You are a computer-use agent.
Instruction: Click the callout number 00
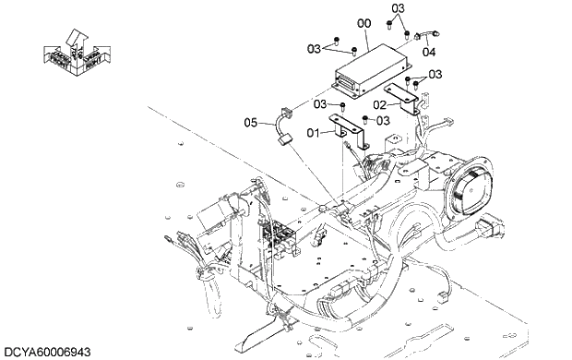click(363, 24)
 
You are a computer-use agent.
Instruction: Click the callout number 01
click(313, 133)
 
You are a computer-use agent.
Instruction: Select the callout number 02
click(379, 105)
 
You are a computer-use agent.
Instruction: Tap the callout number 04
click(429, 53)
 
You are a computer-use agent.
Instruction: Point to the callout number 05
click(251, 123)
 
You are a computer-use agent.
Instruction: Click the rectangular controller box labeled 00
click(372, 71)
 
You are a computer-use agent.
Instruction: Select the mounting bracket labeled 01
click(347, 131)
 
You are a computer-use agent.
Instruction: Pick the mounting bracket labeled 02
click(401, 99)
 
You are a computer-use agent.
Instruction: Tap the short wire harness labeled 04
click(427, 35)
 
